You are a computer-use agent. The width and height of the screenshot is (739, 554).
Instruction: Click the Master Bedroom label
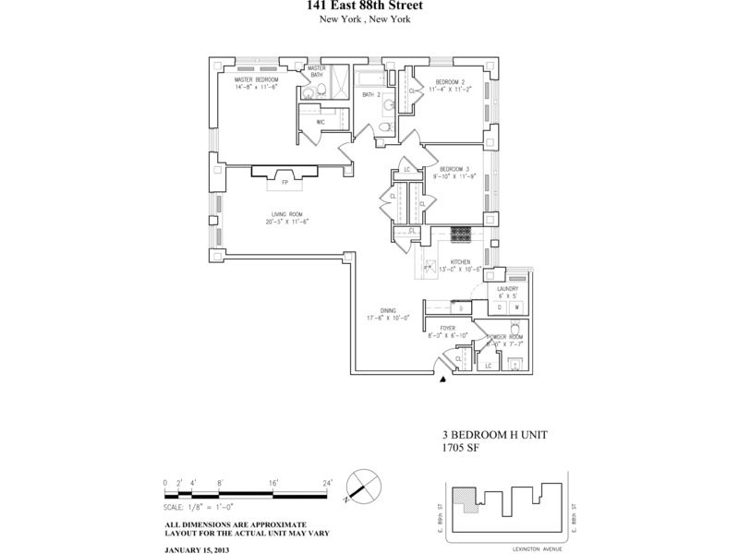257,79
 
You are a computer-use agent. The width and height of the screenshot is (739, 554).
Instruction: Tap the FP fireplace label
284,183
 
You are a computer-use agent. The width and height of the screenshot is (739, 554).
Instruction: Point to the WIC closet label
319,121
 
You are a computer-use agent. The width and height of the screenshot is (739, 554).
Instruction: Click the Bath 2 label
371,95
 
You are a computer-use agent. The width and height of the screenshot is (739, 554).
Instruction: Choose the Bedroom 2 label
452,82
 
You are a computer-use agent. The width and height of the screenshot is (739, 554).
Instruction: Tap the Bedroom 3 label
454,168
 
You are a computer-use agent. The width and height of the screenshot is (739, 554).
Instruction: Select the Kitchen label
460,262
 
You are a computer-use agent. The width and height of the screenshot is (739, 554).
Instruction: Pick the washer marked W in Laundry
517,307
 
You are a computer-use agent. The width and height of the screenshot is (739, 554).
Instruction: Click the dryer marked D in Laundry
500,307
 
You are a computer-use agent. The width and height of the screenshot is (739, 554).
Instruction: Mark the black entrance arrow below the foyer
444,379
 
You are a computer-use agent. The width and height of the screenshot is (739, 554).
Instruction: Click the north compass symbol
361,486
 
